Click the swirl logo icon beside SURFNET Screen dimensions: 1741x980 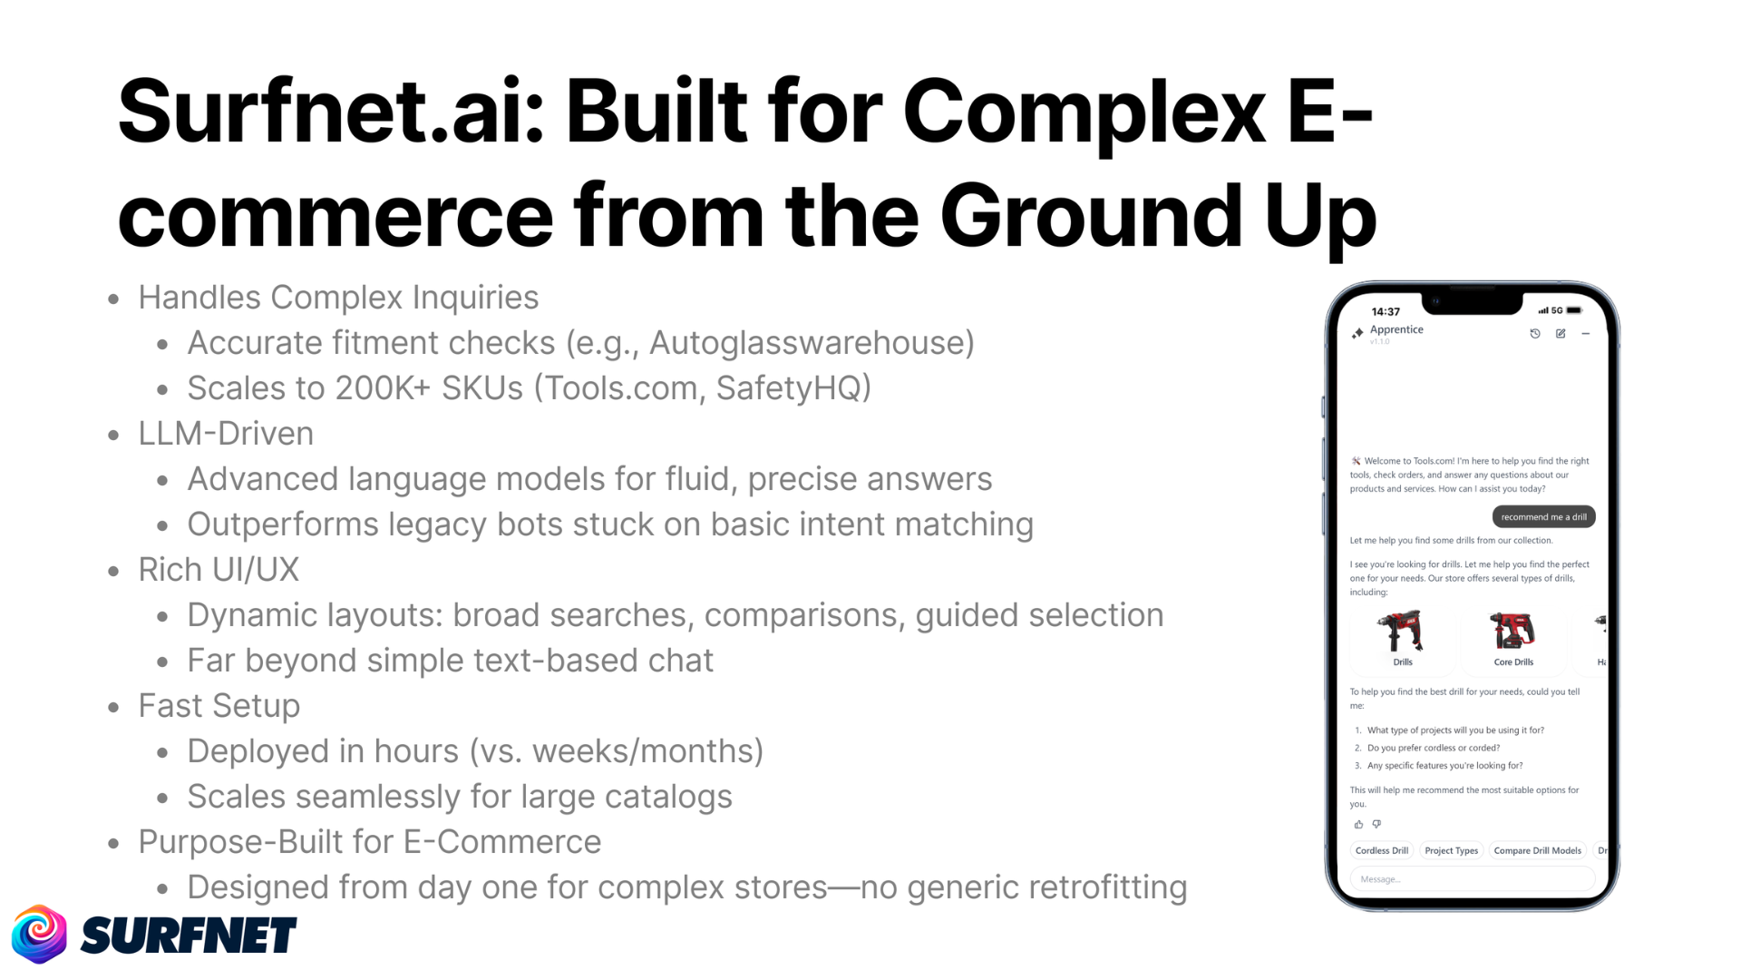tap(39, 934)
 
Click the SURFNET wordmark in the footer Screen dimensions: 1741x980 tap(189, 936)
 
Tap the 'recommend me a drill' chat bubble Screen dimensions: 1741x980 tap(1543, 517)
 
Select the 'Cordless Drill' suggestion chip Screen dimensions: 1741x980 tap(1381, 851)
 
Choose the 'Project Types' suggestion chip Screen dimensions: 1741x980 tap(1451, 851)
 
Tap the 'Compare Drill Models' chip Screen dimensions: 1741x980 tap(1537, 851)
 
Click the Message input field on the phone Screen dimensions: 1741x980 tap(1472, 879)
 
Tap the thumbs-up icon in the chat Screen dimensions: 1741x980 tap(1358, 825)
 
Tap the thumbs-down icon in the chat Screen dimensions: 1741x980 tap(1376, 825)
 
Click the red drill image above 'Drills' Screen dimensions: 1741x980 tap(1401, 632)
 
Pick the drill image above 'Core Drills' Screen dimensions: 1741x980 tap(1512, 631)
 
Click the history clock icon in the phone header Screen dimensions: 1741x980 tap(1535, 334)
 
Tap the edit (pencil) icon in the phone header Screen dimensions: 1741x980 tap(1561, 334)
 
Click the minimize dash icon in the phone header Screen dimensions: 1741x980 tap(1586, 334)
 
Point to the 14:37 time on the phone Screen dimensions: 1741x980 tap(1386, 312)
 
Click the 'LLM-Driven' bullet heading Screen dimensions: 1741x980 tap(226, 434)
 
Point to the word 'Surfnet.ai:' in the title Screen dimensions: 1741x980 tap(331, 111)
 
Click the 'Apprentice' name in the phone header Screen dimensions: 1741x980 tap(1396, 329)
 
